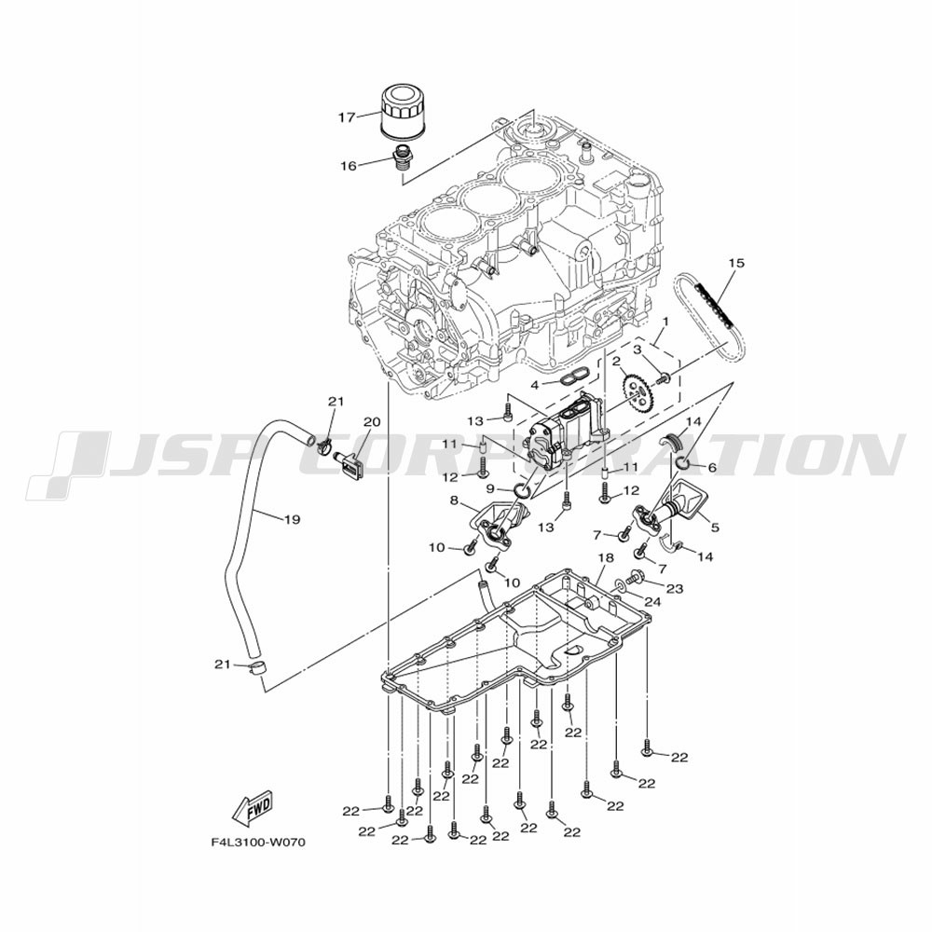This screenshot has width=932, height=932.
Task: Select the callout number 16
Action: [349, 166]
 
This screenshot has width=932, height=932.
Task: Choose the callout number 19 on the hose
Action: [292, 519]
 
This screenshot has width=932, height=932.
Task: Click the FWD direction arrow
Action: [252, 808]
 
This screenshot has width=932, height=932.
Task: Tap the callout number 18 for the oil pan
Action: [605, 557]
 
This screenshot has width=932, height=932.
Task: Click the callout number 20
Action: [372, 422]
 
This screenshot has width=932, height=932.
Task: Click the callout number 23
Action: [675, 588]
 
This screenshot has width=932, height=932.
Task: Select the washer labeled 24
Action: [620, 585]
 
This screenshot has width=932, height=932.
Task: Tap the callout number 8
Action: [454, 500]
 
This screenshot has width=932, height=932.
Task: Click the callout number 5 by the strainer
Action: [715, 527]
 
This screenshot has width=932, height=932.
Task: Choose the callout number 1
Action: [665, 322]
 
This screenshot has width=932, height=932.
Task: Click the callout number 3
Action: [637, 349]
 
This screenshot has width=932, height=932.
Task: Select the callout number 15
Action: [736, 262]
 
